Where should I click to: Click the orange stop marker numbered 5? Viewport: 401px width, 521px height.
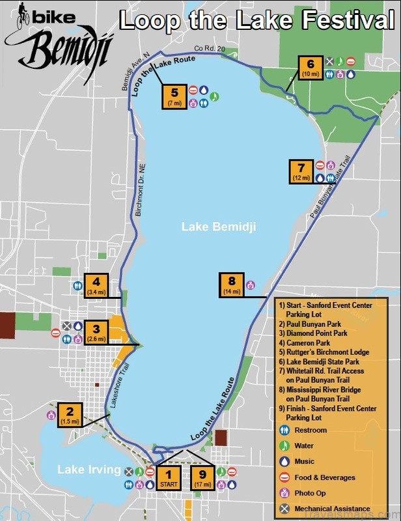[x=174, y=96]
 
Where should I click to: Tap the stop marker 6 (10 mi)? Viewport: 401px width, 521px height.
[x=311, y=68]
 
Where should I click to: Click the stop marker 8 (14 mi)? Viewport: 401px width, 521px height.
[x=231, y=285]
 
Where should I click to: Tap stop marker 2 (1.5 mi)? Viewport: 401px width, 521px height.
[x=70, y=415]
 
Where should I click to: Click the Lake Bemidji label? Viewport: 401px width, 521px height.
[x=218, y=227]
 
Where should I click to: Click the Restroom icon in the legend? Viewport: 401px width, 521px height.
[x=284, y=430]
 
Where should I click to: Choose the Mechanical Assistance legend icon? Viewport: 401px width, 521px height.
[x=284, y=509]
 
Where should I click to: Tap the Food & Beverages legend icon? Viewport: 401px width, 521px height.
[x=284, y=477]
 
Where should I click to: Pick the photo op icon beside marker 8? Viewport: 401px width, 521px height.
[x=250, y=285]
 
